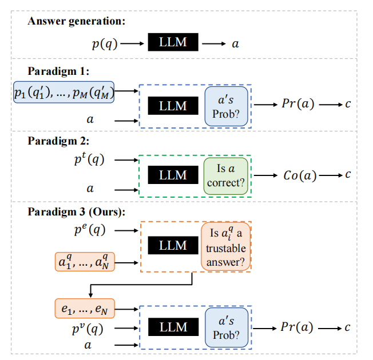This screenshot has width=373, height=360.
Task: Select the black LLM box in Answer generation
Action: pos(173,42)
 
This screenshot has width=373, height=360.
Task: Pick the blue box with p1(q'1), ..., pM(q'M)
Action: pos(65,92)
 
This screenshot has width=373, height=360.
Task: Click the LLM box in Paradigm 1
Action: pos(173,106)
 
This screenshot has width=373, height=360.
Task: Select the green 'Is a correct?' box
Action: pos(226,175)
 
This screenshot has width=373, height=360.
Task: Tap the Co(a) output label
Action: pos(300,175)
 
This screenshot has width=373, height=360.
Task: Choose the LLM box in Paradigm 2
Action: pos(173,175)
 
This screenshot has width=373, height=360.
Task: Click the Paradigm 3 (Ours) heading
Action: pos(76,211)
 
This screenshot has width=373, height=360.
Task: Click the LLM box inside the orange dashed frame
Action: pos(173,246)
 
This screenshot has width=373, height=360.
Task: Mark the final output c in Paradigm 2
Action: pos(347,175)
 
